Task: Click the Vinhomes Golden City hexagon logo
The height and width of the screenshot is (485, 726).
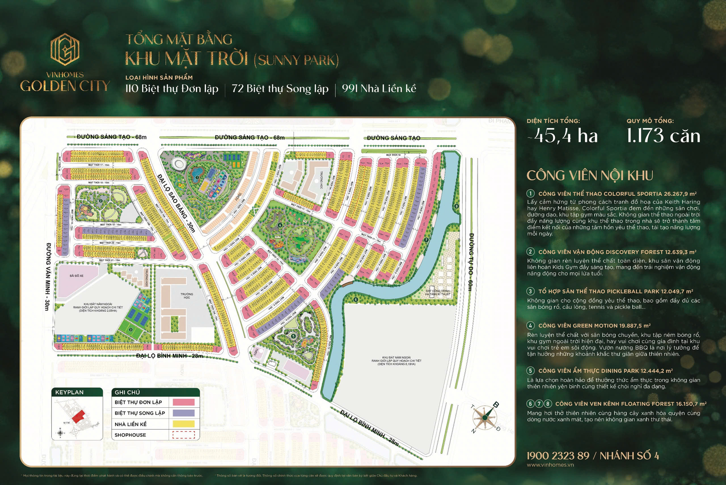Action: click(65, 50)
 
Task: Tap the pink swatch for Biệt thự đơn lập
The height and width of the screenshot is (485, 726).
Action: click(183, 402)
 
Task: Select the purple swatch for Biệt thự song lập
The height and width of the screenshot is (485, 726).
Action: click(183, 413)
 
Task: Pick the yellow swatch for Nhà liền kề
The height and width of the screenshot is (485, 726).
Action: click(183, 424)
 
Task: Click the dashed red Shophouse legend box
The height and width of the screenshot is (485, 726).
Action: click(183, 435)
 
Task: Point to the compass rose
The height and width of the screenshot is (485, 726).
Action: click(484, 417)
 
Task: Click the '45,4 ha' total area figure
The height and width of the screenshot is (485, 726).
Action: click(563, 136)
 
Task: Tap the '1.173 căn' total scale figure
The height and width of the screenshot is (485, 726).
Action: click(663, 136)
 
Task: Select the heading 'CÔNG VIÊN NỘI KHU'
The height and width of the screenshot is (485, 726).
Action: click(590, 176)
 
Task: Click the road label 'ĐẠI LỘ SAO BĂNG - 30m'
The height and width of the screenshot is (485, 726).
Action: click(176, 203)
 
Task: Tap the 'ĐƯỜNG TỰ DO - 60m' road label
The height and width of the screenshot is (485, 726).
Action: click(471, 262)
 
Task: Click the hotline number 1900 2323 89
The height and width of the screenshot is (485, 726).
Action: click(558, 456)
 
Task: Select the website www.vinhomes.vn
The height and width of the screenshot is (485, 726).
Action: click(550, 465)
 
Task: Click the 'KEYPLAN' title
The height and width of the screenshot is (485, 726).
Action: click(69, 392)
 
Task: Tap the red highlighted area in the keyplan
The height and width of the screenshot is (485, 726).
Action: click(78, 416)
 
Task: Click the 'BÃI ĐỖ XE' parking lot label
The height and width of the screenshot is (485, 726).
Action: click(76, 276)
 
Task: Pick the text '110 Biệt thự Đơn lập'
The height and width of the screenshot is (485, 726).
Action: click(172, 89)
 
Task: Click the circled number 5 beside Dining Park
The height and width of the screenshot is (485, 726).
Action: click(530, 370)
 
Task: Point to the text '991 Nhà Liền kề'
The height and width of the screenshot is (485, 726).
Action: click(379, 89)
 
